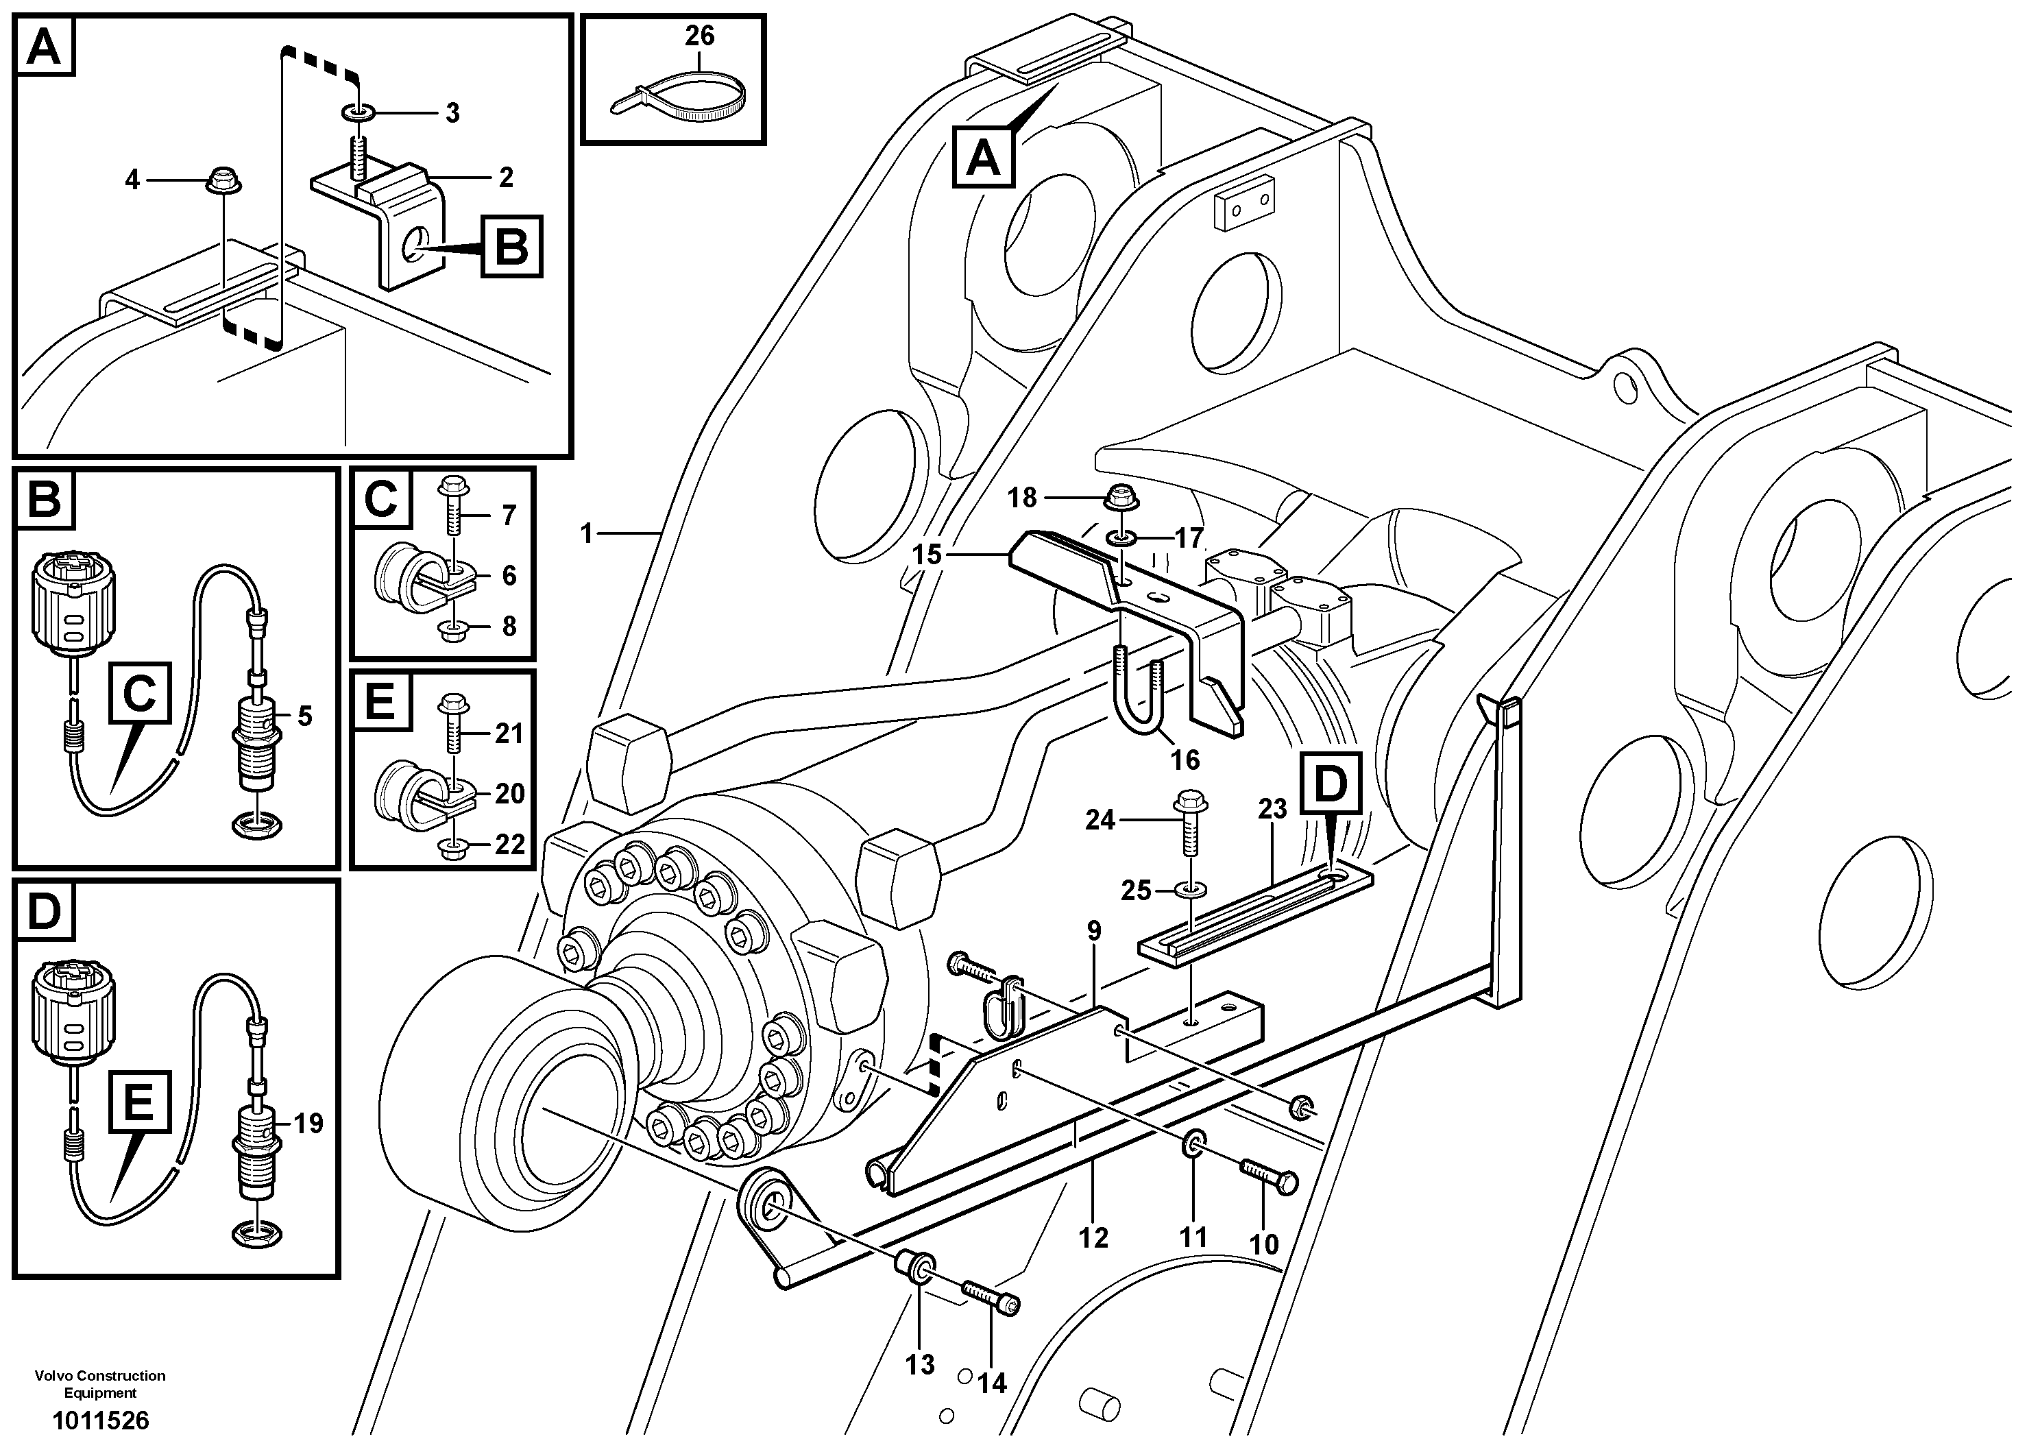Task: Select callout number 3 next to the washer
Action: (452, 113)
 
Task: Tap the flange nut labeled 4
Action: (219, 181)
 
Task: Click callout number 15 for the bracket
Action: (927, 555)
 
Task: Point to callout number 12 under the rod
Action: (1094, 1237)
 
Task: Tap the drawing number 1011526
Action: (100, 1420)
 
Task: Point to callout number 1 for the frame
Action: (585, 533)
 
